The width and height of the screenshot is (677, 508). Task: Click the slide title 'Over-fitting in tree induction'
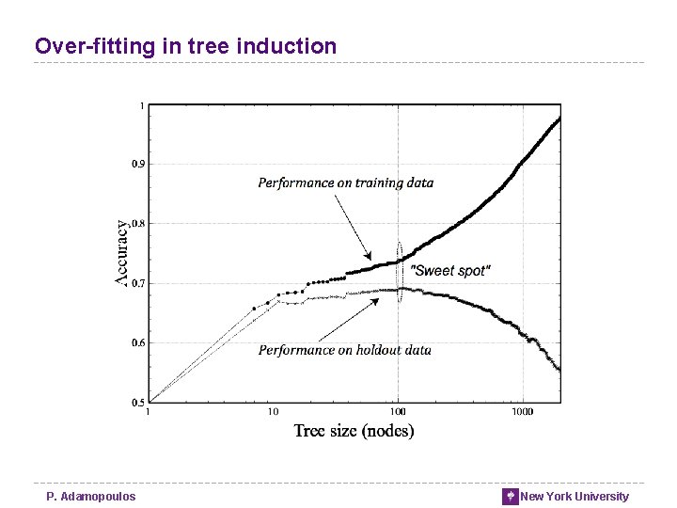185,45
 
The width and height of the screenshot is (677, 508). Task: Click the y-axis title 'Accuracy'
122,252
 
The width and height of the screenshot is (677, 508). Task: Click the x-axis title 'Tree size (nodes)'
354,431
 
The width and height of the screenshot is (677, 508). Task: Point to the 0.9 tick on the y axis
137,164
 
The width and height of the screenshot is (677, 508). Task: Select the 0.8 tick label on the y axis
137,224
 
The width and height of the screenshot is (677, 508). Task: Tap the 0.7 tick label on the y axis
137,283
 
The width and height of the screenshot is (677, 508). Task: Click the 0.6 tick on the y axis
137,342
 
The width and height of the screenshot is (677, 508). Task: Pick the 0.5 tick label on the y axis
137,403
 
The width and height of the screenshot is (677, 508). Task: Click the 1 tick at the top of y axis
142,105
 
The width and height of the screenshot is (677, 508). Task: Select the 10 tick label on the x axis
273,412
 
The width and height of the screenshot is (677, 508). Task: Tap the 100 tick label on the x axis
398,412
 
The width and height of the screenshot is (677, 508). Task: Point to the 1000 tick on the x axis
522,412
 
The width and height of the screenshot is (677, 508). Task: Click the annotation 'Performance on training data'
346,183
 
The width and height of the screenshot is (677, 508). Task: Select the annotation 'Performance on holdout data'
345,350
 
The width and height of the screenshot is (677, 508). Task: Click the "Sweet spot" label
452,271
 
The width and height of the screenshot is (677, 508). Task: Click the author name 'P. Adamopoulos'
91,497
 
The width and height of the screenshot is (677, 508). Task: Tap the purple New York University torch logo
511,497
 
